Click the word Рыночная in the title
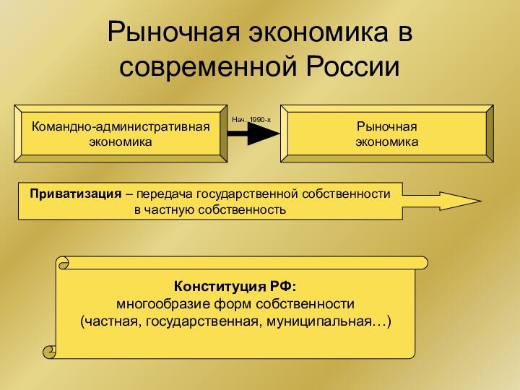click(173, 32)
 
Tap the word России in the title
click(352, 66)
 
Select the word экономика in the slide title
click(318, 32)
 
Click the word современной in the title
click(207, 66)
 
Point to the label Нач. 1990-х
click(251, 120)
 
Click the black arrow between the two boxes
click(253, 134)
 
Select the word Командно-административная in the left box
click(121, 126)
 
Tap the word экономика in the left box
click(121, 142)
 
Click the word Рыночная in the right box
click(386, 126)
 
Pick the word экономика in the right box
click(386, 142)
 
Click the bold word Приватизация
click(76, 194)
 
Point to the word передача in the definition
click(164, 194)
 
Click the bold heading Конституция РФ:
click(235, 286)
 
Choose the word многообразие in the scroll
click(163, 304)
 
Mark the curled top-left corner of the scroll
click(64, 263)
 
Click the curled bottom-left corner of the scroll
click(50, 352)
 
